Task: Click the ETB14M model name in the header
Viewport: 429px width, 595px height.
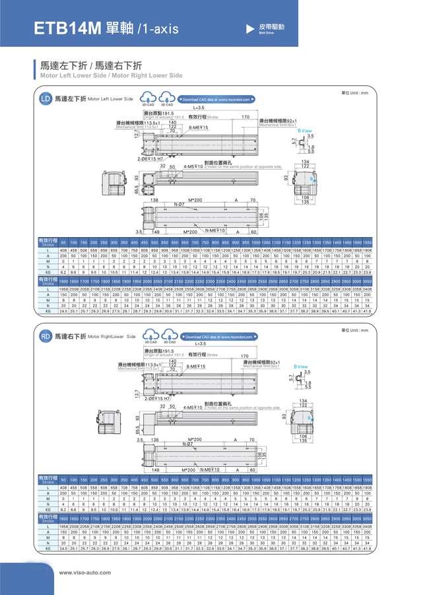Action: (68, 28)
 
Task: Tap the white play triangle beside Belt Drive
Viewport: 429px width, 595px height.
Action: (249, 28)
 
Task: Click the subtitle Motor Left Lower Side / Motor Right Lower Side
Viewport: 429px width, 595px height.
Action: (111, 76)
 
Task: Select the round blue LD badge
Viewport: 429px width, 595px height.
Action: (45, 99)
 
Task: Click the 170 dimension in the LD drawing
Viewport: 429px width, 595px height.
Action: (246, 117)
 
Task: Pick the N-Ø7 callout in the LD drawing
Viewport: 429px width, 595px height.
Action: (178, 204)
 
